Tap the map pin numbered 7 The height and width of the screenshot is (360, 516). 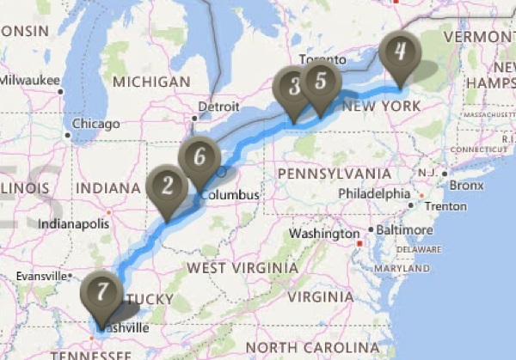[101, 291]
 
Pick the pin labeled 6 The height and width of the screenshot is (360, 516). [200, 157]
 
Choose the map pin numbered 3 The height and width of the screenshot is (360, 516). [295, 87]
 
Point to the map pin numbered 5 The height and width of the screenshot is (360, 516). [320, 82]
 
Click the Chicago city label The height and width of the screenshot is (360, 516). [95, 124]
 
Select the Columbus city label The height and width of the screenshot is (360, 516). [230, 194]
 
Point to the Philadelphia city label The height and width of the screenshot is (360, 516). [369, 193]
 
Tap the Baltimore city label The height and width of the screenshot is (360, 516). [402, 229]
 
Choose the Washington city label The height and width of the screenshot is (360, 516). [323, 234]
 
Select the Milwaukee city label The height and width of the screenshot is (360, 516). [29, 80]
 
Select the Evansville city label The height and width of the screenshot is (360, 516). [41, 277]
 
